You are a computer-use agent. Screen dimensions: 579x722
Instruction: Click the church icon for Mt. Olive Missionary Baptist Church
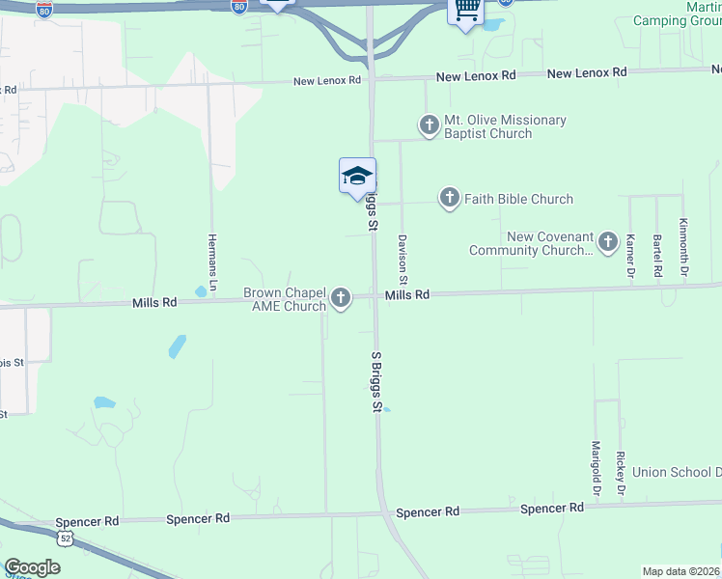click(429, 124)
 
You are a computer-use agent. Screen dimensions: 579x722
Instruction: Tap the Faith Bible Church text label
click(518, 199)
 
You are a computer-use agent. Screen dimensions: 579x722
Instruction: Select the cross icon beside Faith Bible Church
click(449, 199)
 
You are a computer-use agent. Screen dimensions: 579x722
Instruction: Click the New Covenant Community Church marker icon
click(608, 241)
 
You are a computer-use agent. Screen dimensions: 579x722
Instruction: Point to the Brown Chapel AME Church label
click(285, 299)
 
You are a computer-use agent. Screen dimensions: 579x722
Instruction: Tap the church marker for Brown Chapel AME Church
click(341, 299)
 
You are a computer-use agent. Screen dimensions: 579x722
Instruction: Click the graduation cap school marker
click(357, 176)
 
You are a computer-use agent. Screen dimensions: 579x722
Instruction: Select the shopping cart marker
click(466, 10)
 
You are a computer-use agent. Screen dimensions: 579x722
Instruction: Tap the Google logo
click(32, 567)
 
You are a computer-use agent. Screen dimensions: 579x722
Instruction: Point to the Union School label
click(677, 472)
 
